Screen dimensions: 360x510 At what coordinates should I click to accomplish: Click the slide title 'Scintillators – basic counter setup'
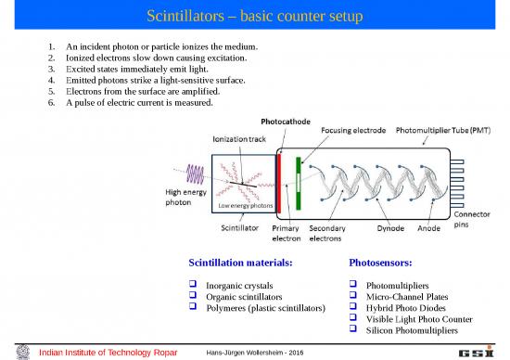pos(255,17)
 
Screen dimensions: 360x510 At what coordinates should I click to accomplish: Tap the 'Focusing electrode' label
pos(353,131)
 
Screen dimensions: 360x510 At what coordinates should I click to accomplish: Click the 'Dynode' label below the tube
pos(390,225)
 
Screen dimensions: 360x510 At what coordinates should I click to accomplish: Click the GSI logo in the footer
pos(474,351)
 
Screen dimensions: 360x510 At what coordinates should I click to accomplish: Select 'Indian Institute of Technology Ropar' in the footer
pos(102,352)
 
